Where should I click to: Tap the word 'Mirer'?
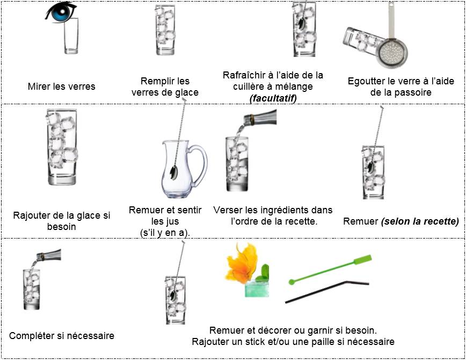pos(39,86)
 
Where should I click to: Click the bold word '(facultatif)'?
pos(273,98)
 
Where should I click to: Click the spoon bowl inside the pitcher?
pos(174,172)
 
